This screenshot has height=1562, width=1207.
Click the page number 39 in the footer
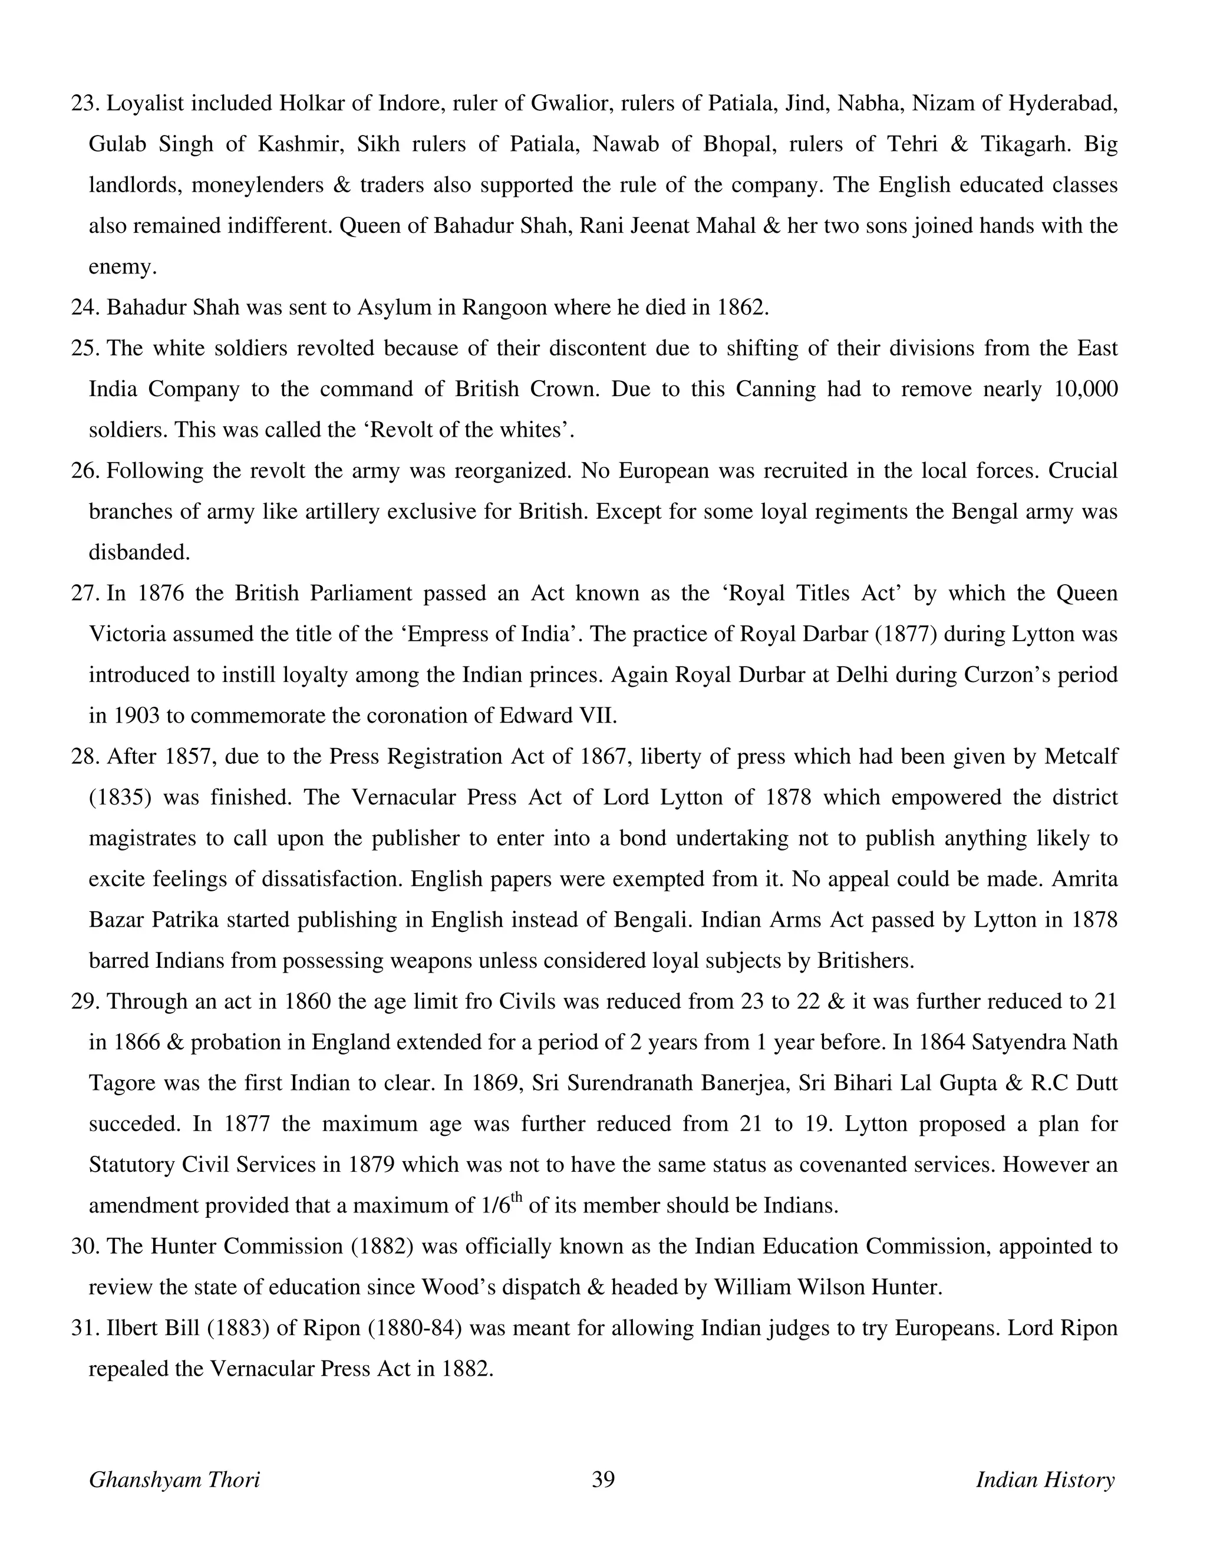click(603, 1479)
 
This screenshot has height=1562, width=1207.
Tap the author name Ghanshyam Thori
click(174, 1479)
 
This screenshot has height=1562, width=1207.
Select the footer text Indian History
click(1045, 1479)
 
